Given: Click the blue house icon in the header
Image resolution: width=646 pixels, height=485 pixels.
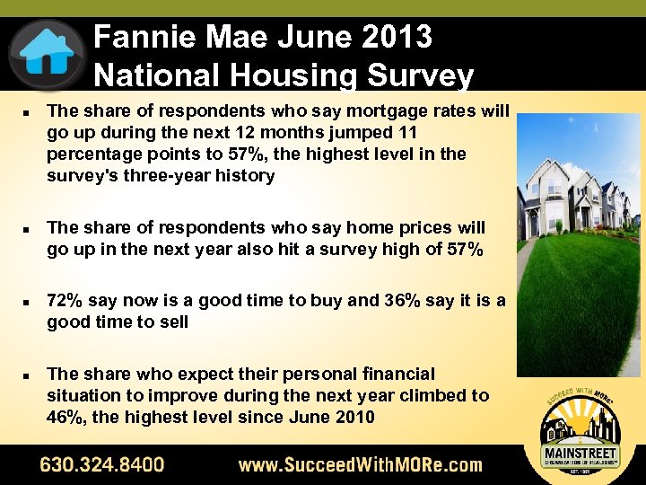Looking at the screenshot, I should tap(47, 51).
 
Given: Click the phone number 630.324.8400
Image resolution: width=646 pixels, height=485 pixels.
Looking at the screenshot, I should tap(102, 464).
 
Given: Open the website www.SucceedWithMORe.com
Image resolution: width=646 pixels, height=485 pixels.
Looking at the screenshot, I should tap(360, 464).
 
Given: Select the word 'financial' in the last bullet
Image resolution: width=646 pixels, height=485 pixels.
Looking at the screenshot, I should tap(394, 374).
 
